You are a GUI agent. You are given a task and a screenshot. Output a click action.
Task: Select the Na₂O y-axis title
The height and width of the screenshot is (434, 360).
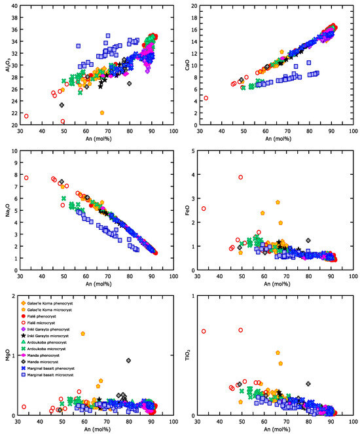6,211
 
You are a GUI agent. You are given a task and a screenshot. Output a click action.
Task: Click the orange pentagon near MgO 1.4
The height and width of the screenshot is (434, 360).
83,333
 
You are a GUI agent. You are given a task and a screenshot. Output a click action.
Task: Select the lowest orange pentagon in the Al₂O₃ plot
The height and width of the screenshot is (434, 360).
102,113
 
